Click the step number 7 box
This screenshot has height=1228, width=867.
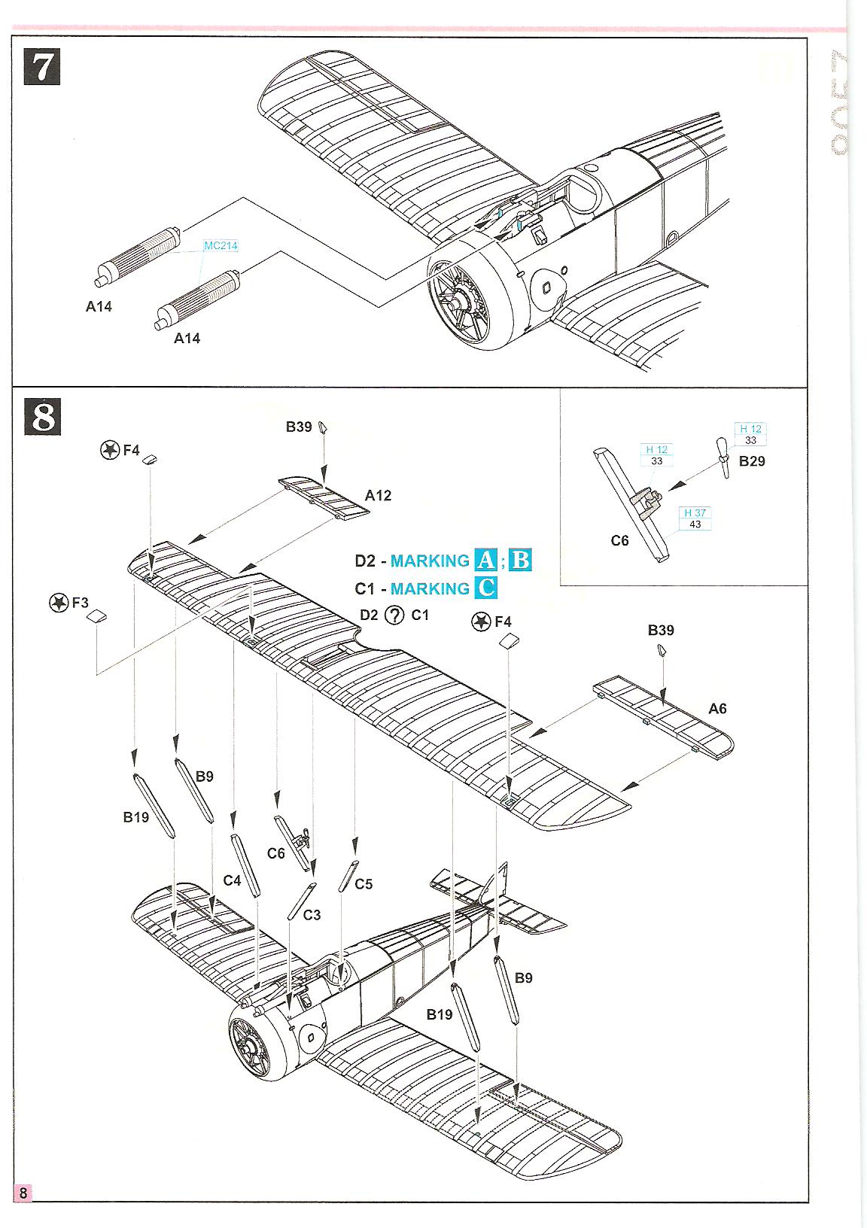(x=42, y=66)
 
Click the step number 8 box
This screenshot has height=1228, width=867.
(x=42, y=417)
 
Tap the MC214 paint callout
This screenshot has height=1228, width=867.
(x=221, y=246)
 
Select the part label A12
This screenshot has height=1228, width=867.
(x=378, y=496)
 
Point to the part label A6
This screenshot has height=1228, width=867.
(x=717, y=709)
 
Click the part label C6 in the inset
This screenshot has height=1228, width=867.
(x=619, y=541)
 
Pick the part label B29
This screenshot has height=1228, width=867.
(x=751, y=461)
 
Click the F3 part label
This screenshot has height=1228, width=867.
(x=80, y=603)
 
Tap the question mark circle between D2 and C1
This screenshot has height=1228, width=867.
(x=394, y=616)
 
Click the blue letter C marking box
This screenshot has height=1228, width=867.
(x=487, y=588)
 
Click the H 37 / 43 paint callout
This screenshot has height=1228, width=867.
(x=695, y=518)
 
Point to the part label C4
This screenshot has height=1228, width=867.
(x=232, y=880)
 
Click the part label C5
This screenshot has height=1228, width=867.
(x=364, y=884)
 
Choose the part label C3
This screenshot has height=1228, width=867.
(x=312, y=915)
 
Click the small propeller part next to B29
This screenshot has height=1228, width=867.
(x=722, y=457)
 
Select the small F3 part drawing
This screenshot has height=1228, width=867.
(x=96, y=617)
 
